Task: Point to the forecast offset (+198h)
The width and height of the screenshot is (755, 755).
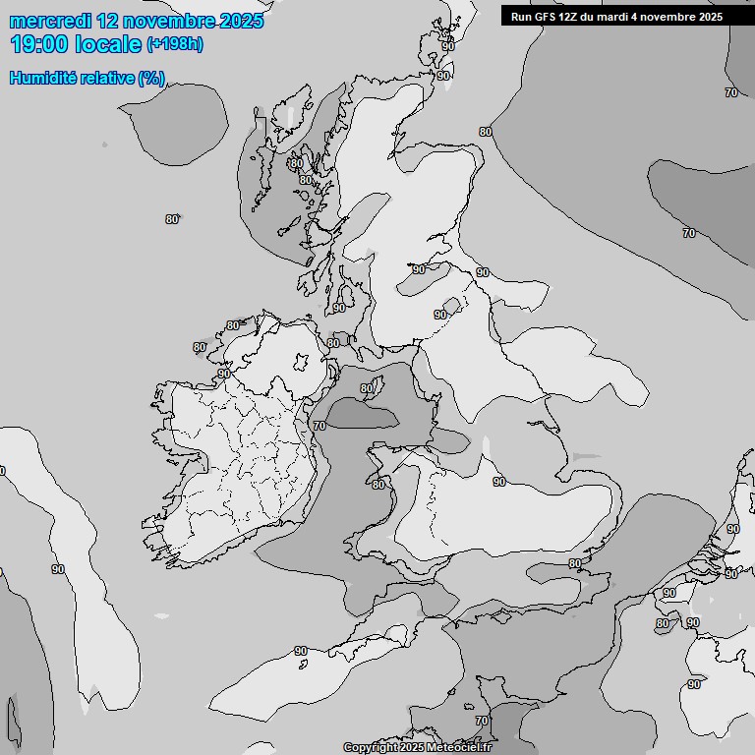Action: tap(175, 44)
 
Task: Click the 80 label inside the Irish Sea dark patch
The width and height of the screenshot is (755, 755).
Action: tap(367, 388)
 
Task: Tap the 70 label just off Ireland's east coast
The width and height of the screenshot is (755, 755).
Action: tap(319, 426)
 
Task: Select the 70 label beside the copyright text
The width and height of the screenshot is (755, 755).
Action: tap(482, 721)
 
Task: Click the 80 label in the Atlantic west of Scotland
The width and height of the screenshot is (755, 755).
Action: tap(172, 219)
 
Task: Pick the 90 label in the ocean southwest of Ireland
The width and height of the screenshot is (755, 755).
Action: tap(58, 569)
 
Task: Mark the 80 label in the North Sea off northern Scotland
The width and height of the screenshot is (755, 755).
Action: tap(485, 132)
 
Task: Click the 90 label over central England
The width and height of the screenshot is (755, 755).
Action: tap(499, 482)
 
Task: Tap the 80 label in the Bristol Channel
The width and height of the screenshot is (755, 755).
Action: tap(378, 485)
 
